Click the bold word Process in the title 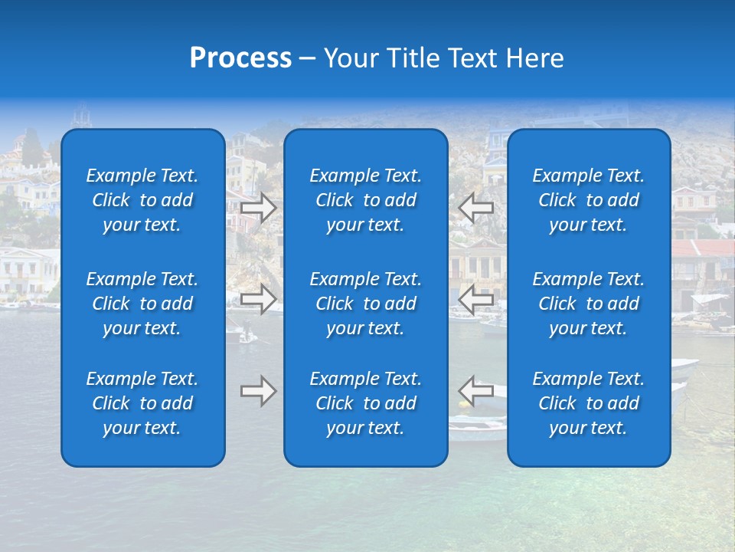point(240,58)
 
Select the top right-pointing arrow point(259,207)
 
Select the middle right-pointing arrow point(259,299)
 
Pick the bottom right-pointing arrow point(259,391)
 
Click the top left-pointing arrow point(476,207)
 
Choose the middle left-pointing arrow point(476,299)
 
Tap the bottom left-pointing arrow point(476,391)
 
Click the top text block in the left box point(142,200)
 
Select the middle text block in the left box point(142,304)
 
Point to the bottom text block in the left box point(142,403)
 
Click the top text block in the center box point(365,200)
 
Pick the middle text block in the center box point(365,304)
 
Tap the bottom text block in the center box point(365,403)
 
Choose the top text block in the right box point(588,200)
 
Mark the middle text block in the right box point(588,304)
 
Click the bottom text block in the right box point(588,403)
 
